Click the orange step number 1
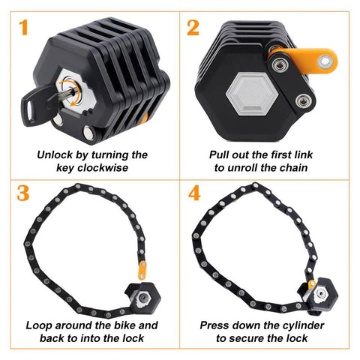pyautogui.click(x=23, y=28)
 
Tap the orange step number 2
pyautogui.click(x=193, y=28)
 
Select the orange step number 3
pyautogui.click(x=23, y=193)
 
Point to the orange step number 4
pyautogui.click(x=194, y=193)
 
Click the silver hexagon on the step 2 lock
pyautogui.click(x=252, y=94)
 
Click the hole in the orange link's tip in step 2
pyautogui.click(x=325, y=61)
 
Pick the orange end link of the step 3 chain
pyautogui.click(x=142, y=270)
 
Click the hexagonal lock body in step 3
pyautogui.click(x=143, y=298)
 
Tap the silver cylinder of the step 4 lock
pyautogui.click(x=320, y=292)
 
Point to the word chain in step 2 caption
pyautogui.click(x=293, y=167)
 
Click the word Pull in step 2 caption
pyautogui.click(x=219, y=154)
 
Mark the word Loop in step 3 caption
pyautogui.click(x=39, y=325)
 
